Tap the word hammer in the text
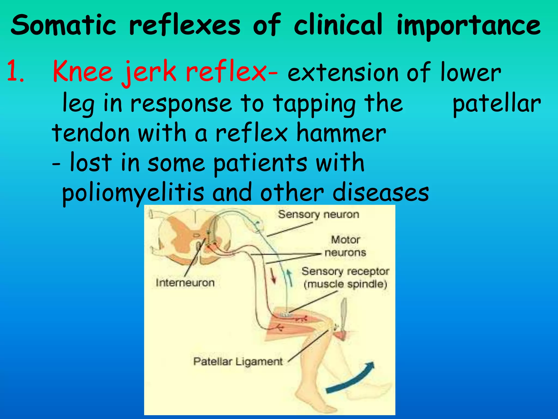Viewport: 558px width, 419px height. click(341, 133)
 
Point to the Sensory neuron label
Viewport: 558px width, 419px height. click(318, 214)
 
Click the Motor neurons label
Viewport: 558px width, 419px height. click(345, 246)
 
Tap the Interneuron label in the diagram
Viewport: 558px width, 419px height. click(185, 283)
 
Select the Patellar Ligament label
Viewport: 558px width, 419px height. click(238, 361)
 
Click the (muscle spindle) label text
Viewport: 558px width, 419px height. click(345, 284)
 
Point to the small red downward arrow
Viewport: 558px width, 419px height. click(273, 276)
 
